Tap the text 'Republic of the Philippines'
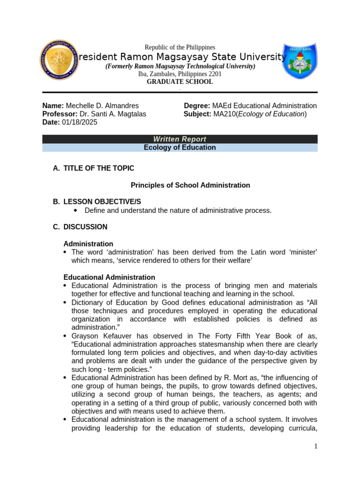(180, 47)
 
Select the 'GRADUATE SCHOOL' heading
(180, 82)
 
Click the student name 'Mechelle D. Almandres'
(102, 106)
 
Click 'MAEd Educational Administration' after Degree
(264, 106)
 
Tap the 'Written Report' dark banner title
(180, 139)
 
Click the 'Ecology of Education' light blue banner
(180, 148)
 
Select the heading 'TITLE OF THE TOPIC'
(99, 168)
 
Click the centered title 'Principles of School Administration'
(190, 185)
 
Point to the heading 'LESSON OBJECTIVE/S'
(102, 202)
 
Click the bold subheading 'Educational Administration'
(109, 277)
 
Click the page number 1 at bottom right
(316, 447)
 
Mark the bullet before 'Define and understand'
(75, 210)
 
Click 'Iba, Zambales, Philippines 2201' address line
(180, 74)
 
